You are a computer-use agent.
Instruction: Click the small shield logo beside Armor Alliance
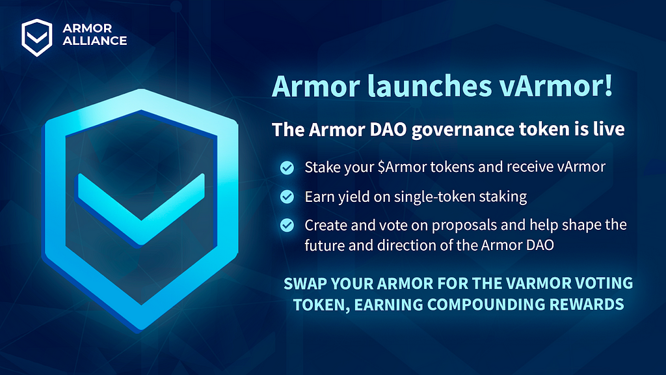[37, 37]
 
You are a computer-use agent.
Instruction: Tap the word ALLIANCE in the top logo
[95, 41]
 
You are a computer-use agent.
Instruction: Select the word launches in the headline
[429, 86]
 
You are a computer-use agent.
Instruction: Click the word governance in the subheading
[463, 130]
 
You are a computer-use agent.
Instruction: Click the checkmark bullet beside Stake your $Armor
[287, 167]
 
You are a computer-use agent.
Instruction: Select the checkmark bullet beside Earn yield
[287, 197]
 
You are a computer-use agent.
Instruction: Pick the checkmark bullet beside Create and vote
[287, 225]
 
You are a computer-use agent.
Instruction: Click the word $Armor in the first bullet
[402, 167]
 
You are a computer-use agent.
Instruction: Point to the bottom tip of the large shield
[141, 331]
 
